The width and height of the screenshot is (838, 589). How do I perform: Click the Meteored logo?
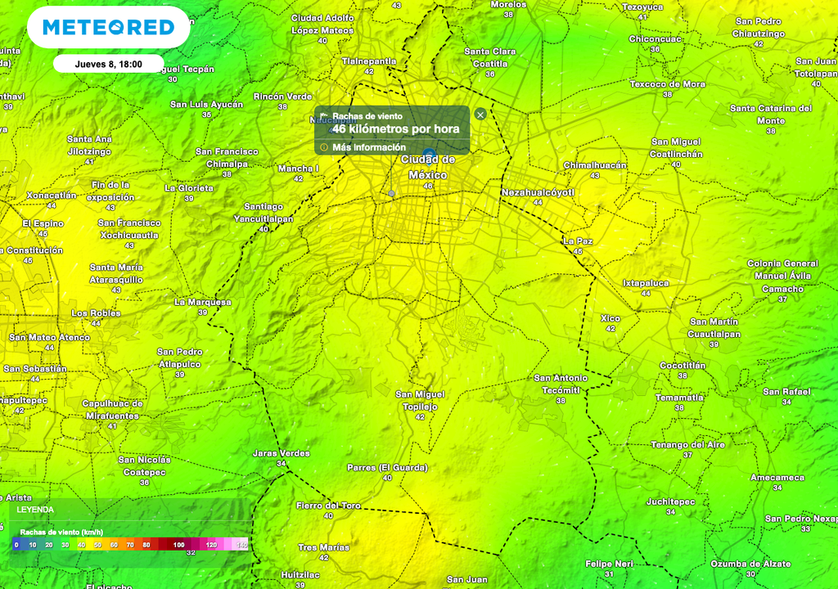tap(109, 28)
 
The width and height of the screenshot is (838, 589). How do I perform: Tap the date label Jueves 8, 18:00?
tap(108, 64)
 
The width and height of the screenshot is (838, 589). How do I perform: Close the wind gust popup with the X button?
tap(480, 115)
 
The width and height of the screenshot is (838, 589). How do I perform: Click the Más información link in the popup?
tap(368, 147)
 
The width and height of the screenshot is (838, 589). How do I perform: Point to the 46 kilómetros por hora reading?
tap(395, 129)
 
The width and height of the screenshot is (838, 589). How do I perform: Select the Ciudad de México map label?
tap(428, 168)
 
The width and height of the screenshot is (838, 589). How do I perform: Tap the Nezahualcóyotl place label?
tap(538, 192)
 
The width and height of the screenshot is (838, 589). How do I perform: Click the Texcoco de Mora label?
tap(667, 84)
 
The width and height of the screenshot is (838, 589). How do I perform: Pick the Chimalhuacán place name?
tap(595, 165)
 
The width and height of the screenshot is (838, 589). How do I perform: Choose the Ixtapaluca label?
tap(646, 283)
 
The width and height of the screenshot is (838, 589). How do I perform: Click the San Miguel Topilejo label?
tap(420, 400)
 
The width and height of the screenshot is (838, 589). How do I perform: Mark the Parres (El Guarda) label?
tap(387, 468)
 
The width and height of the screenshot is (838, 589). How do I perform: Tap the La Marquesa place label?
tap(203, 302)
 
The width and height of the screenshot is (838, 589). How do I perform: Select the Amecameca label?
tap(777, 478)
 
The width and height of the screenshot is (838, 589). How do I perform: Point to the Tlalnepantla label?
tap(368, 61)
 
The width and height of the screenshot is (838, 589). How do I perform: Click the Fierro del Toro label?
tap(328, 506)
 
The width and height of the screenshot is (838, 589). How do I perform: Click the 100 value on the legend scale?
tap(178, 544)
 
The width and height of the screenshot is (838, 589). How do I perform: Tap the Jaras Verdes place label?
tap(282, 453)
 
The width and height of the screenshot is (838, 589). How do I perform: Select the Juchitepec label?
tap(670, 501)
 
